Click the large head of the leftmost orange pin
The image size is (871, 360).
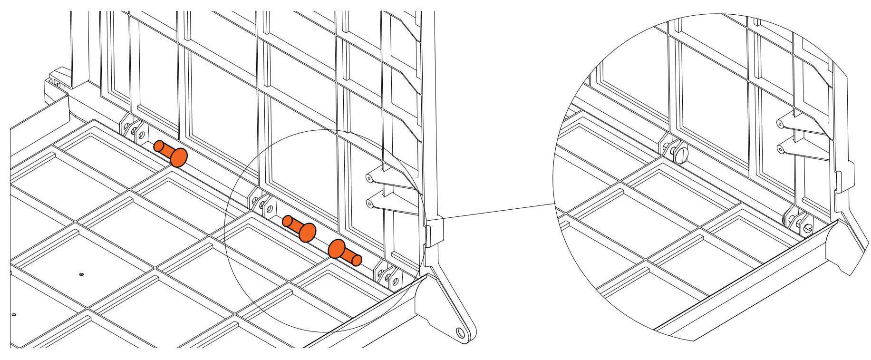pos(179,157)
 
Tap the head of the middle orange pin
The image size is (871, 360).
pos(307,232)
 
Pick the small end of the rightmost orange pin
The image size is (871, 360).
pos(356,260)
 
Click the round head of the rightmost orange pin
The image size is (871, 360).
pos(337,249)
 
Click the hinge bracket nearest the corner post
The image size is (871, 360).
pos(387,276)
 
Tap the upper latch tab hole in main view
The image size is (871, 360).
pos(369,178)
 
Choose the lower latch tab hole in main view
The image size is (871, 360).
pos(369,204)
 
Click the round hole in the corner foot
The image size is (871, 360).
pos(460,332)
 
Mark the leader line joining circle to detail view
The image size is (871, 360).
pos(499,211)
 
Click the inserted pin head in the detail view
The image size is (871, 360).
pos(680,155)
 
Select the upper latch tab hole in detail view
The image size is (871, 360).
pos(780,124)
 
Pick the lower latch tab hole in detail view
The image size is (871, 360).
pos(780,149)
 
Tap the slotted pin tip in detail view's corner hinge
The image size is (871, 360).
pos(807,229)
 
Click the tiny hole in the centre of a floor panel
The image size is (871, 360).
pos(81,274)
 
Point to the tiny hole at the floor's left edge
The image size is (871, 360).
pos(14,315)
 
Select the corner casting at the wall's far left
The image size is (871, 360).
pos(56,88)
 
